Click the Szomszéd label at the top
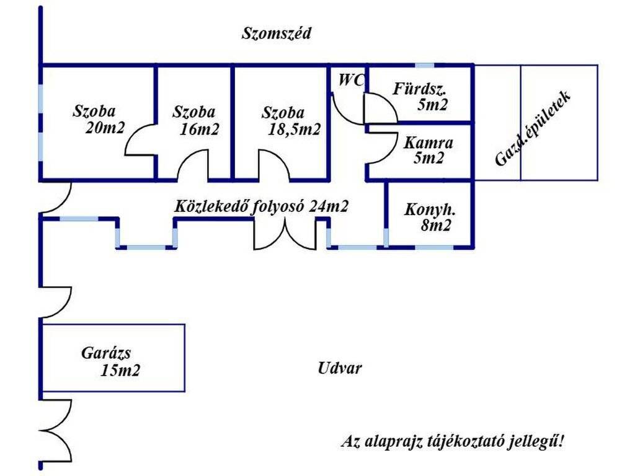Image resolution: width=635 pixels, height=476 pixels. pos(276,33)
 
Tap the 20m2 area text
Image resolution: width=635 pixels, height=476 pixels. pos(105,128)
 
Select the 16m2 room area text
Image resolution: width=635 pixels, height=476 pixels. pos(199,129)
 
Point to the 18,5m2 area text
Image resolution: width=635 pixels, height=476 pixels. pos(294,130)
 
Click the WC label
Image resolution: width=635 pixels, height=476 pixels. pos(351,80)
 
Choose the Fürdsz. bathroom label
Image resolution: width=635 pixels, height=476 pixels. pos(419,89)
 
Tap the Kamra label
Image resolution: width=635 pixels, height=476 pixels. pos(428,143)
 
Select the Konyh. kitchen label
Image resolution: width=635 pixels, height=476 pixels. pos(430,209)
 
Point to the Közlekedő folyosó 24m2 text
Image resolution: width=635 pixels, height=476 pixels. pos(261,206)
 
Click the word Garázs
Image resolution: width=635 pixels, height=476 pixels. pos(106,353)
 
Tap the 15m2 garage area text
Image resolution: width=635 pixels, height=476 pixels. pos(120,371)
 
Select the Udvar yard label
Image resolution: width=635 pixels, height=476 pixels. pos(339,368)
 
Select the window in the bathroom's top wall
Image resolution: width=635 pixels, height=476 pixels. pos(425,65)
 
